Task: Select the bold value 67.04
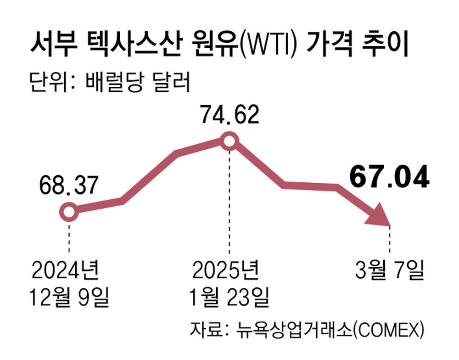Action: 389,178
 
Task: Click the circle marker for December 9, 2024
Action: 69,212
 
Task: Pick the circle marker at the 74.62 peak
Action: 228,141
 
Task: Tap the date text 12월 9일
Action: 69,298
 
